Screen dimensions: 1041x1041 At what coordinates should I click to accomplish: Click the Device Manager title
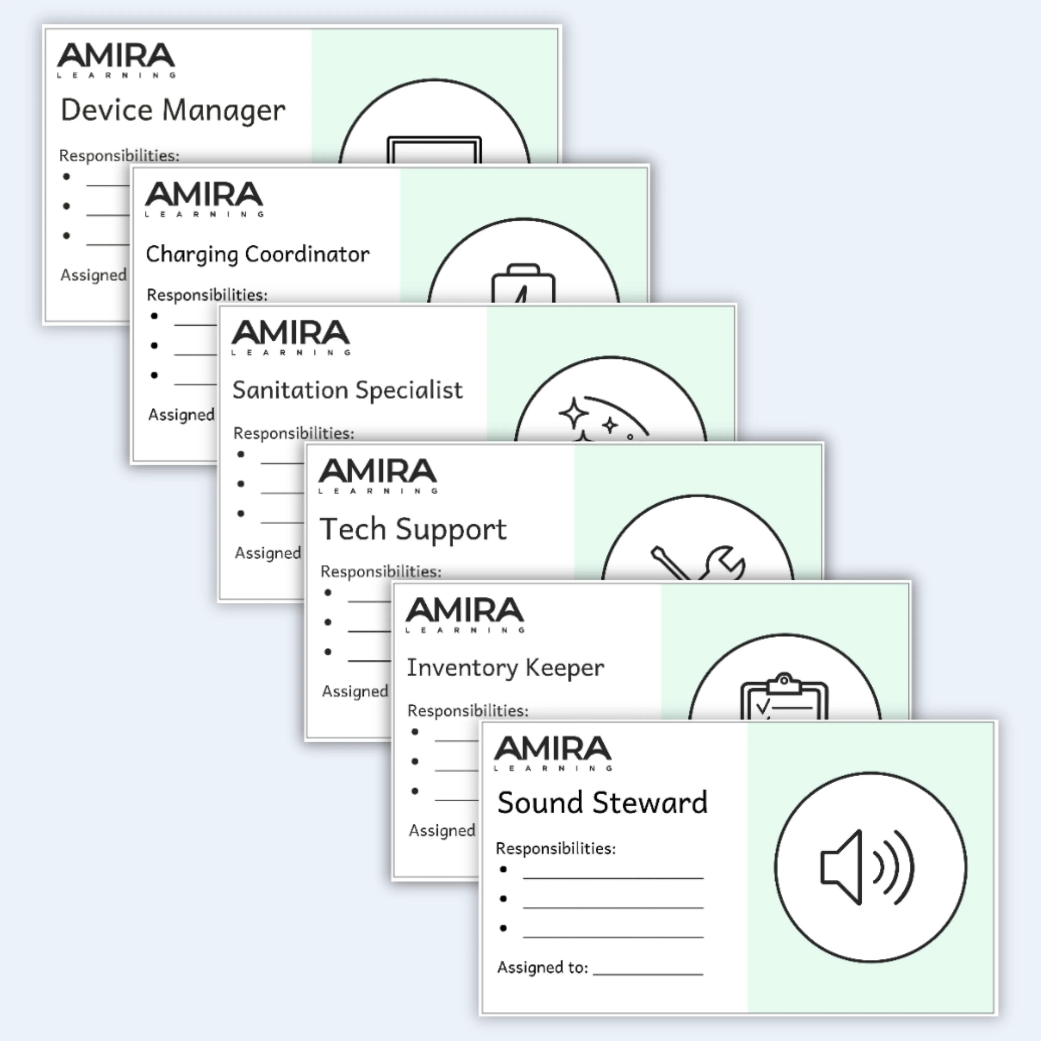pyautogui.click(x=172, y=110)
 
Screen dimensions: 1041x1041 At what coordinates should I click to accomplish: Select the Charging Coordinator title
pyautogui.click(x=258, y=254)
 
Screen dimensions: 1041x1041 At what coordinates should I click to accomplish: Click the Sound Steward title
pyautogui.click(x=602, y=802)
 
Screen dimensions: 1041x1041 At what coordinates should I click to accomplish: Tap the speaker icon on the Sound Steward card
pyautogui.click(x=866, y=867)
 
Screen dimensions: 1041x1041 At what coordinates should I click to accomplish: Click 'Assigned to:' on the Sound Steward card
pyautogui.click(x=542, y=968)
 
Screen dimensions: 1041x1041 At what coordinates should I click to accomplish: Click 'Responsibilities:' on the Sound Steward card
pyautogui.click(x=556, y=849)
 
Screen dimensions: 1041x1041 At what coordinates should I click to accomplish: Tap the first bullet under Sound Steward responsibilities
pyautogui.click(x=503, y=869)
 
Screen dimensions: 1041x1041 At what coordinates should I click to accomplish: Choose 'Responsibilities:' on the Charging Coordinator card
pyautogui.click(x=207, y=295)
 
